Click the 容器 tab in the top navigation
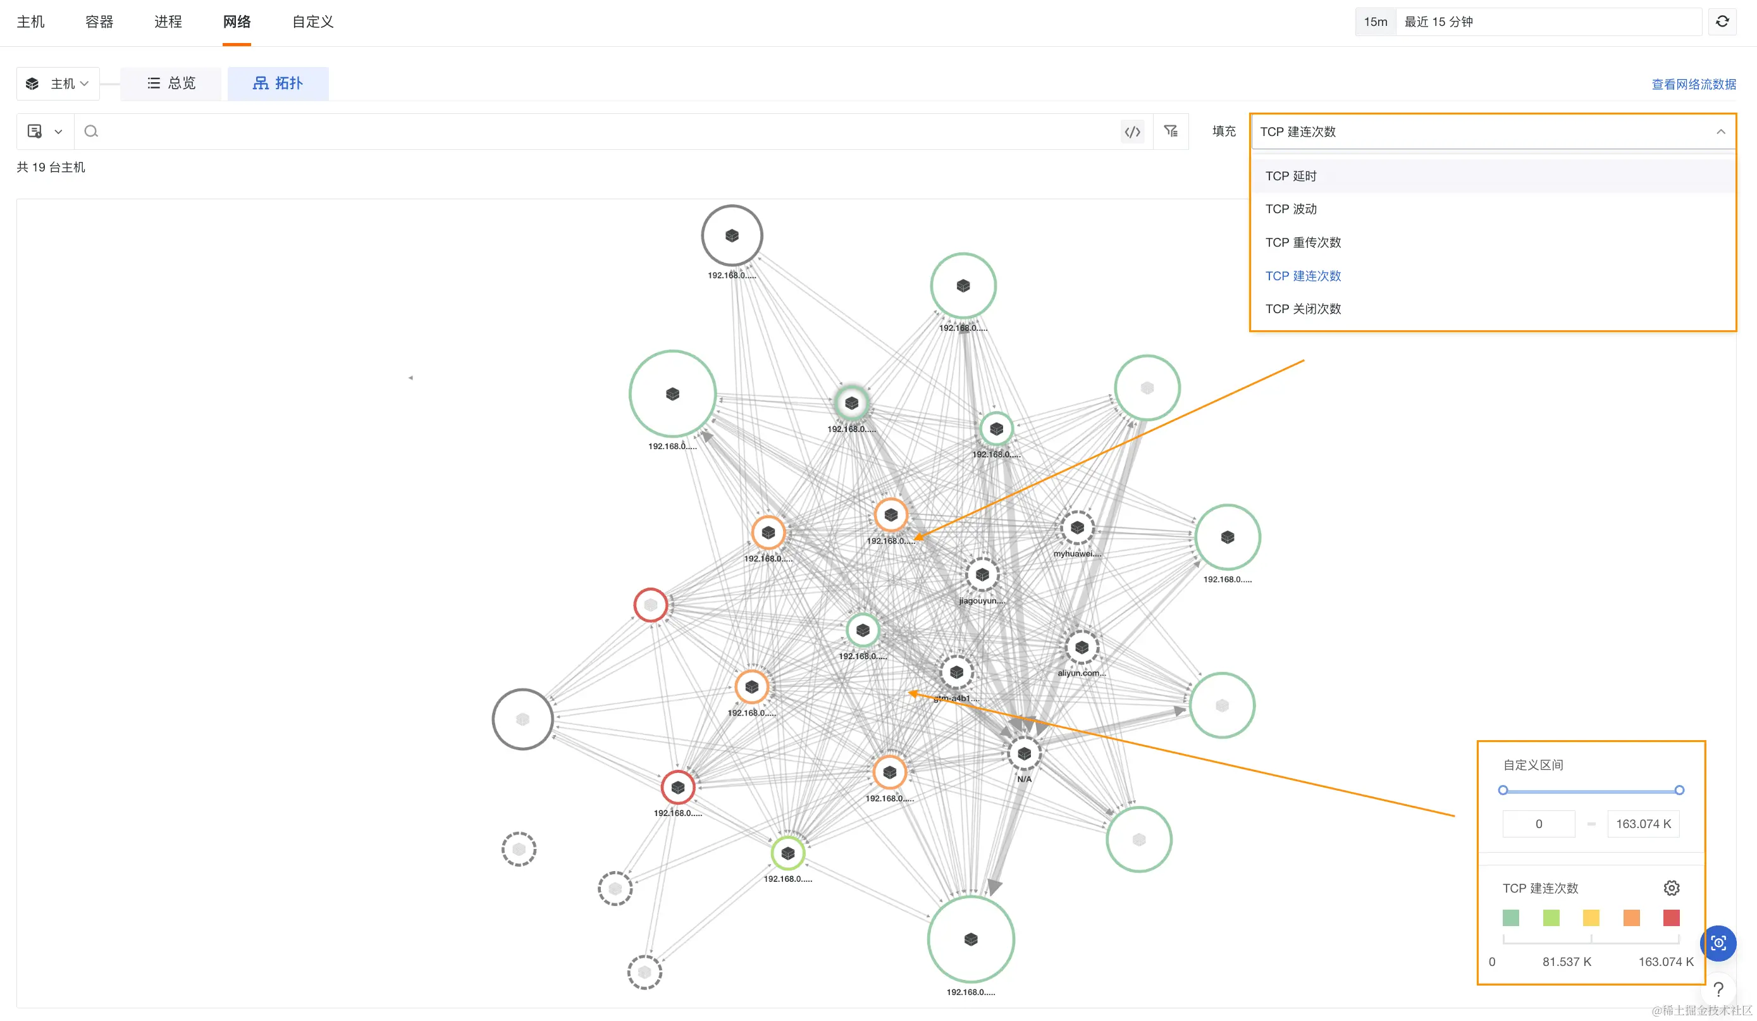coord(99,22)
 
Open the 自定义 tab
coord(312,22)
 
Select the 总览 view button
coord(171,84)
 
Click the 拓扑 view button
coord(278,84)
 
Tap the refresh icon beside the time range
coord(1722,22)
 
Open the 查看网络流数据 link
coord(1693,84)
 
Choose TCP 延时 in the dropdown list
coord(1291,176)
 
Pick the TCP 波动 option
coord(1291,209)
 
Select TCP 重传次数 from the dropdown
coord(1302,243)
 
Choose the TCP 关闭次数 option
coord(1302,309)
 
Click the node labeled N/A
coord(1023,754)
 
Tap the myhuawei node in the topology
coord(1076,528)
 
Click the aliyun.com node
coord(1082,648)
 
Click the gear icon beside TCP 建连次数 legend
coord(1671,888)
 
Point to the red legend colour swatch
coord(1670,918)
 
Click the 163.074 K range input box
coord(1643,824)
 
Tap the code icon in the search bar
coord(1132,132)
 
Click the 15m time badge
coord(1375,22)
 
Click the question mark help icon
coord(1718,989)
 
